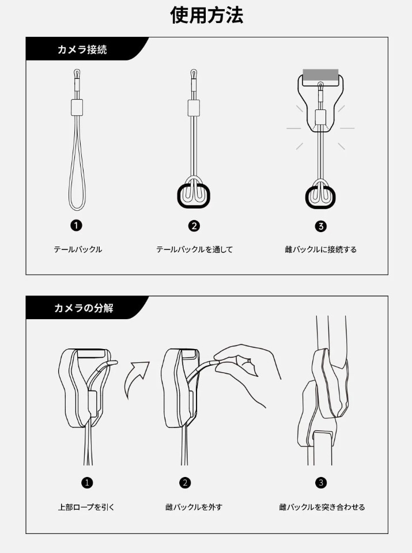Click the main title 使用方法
click(206, 16)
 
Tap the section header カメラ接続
click(82, 50)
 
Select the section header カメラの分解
click(84, 308)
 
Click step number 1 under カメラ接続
click(76, 225)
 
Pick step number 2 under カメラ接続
click(194, 226)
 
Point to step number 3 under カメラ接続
click(320, 226)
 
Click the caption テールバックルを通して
click(194, 249)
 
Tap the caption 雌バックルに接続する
click(320, 249)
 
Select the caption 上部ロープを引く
click(86, 507)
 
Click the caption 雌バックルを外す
click(194, 507)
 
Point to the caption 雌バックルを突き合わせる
click(322, 507)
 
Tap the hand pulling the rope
click(247, 370)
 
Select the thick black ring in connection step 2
click(179, 196)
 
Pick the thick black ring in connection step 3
click(307, 198)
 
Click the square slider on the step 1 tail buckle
click(77, 108)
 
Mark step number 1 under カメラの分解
click(87, 483)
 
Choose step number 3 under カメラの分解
click(320, 483)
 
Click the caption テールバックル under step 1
click(78, 249)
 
